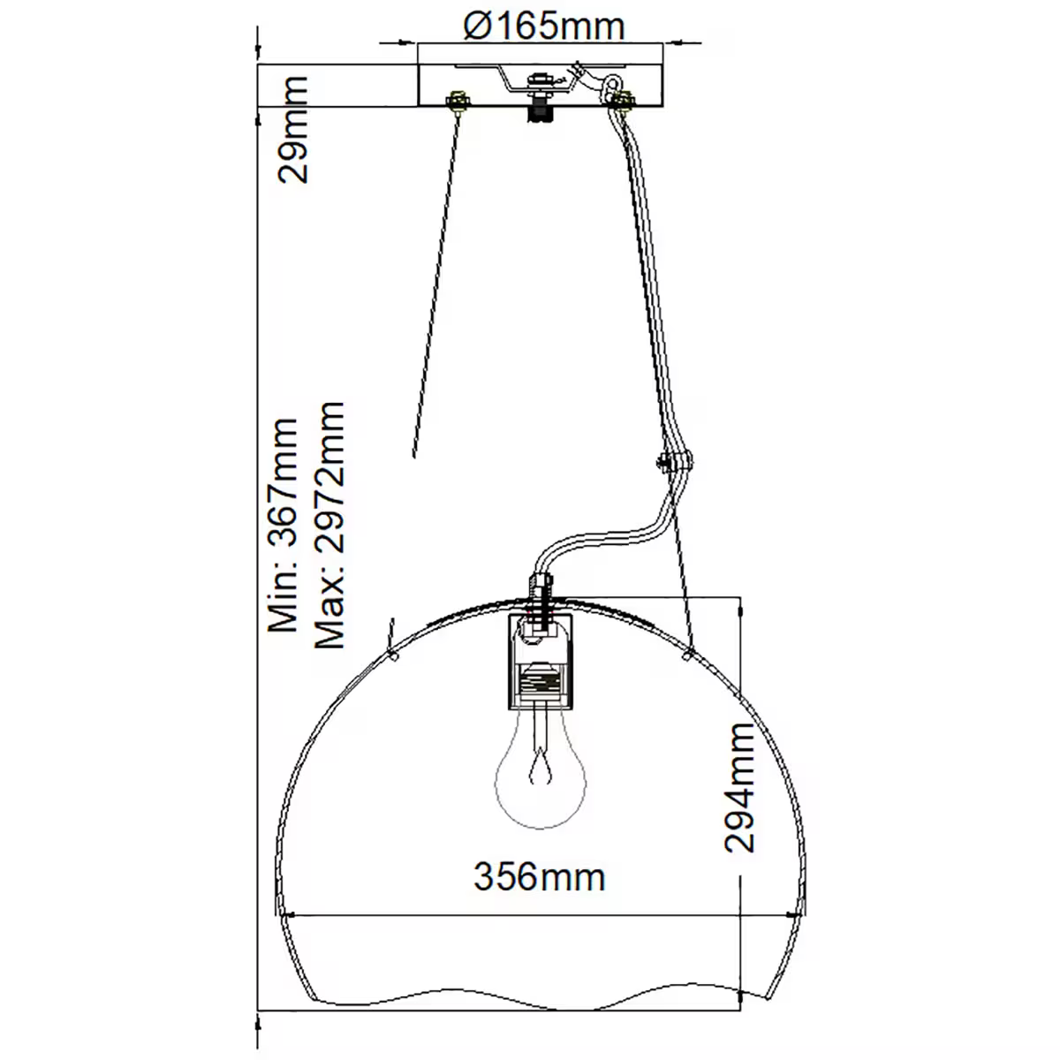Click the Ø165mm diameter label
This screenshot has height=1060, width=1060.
[x=543, y=26]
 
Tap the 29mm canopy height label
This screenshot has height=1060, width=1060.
[x=293, y=129]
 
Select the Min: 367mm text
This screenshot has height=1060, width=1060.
[x=284, y=525]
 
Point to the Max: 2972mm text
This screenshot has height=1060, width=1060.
[x=329, y=525]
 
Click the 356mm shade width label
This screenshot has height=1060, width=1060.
[x=540, y=877]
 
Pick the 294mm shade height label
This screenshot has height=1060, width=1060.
[x=740, y=787]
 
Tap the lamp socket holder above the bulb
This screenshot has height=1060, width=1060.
[x=541, y=663]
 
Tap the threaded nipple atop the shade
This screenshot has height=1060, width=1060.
[x=540, y=590]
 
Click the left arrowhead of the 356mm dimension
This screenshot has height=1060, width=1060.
[x=289, y=915]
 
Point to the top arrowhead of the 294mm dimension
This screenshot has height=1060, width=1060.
[x=740, y=603]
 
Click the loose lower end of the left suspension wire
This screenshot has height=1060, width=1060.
[x=414, y=454]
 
